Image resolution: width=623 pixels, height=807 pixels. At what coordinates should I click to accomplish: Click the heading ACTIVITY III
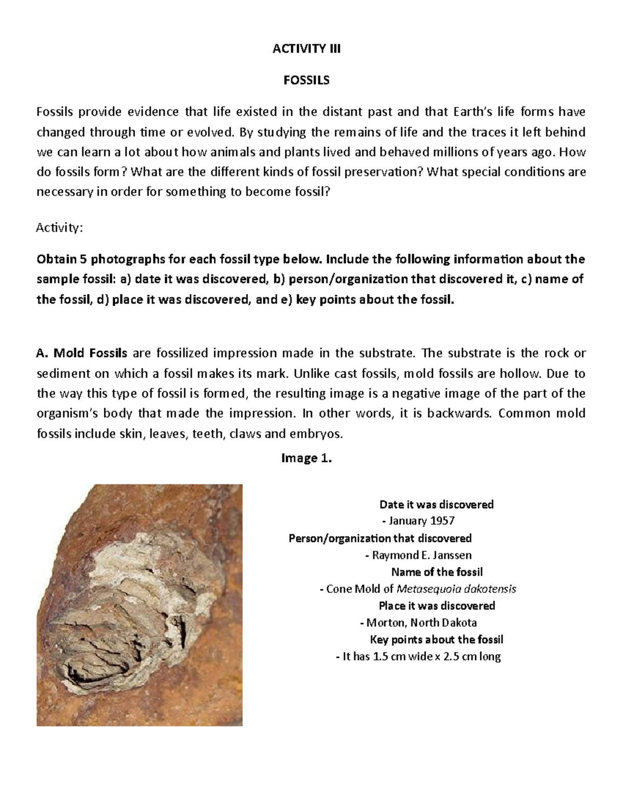pyautogui.click(x=307, y=49)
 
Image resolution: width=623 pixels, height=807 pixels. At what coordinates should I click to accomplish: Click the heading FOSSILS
pyautogui.click(x=306, y=81)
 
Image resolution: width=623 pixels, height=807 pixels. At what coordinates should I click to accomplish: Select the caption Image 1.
pyautogui.click(x=306, y=458)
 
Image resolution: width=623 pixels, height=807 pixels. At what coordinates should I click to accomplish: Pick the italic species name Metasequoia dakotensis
pyautogui.click(x=456, y=589)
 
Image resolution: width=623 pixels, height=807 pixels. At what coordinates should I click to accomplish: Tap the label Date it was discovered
pyautogui.click(x=437, y=504)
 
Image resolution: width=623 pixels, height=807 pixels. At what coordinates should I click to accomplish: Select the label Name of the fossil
pyautogui.click(x=437, y=572)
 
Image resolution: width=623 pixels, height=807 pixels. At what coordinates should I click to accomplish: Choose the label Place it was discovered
pyautogui.click(x=437, y=606)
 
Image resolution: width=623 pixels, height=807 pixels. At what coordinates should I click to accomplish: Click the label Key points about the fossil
pyautogui.click(x=437, y=640)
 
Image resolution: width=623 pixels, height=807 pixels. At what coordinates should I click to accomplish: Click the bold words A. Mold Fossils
pyautogui.click(x=82, y=353)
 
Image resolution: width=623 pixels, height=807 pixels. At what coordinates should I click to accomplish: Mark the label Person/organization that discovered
pyautogui.click(x=380, y=538)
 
